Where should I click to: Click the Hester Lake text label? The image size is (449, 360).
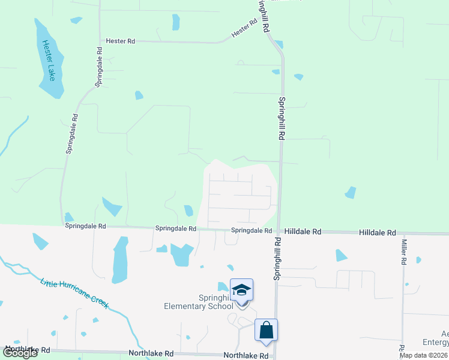pyautogui.click(x=47, y=61)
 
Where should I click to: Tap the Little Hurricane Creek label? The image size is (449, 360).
pyautogui.click(x=74, y=293)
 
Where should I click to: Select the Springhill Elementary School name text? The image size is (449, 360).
pyautogui.click(x=199, y=302)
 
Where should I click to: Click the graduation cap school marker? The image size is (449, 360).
pyautogui.click(x=241, y=290)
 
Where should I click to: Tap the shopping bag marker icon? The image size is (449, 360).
pyautogui.click(x=266, y=331)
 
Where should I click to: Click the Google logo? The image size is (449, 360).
pyautogui.click(x=20, y=353)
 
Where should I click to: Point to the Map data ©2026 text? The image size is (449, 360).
pyautogui.click(x=423, y=355)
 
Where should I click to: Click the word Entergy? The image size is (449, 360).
pyautogui.click(x=436, y=343)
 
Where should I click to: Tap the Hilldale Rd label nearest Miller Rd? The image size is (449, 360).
pyautogui.click(x=378, y=232)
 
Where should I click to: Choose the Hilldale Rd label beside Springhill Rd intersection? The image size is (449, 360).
pyautogui.click(x=303, y=231)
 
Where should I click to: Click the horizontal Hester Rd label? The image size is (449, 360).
pyautogui.click(x=120, y=41)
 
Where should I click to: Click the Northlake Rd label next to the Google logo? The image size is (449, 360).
pyautogui.click(x=27, y=349)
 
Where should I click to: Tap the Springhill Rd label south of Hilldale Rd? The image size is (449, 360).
pyautogui.click(x=277, y=259)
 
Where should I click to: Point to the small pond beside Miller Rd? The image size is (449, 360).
pyautogui.click(x=418, y=260)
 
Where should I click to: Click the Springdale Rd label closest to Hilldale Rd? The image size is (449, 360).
pyautogui.click(x=252, y=230)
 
